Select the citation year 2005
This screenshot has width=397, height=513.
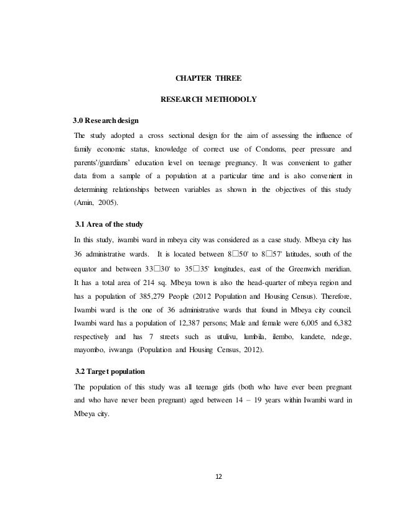[113, 202]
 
